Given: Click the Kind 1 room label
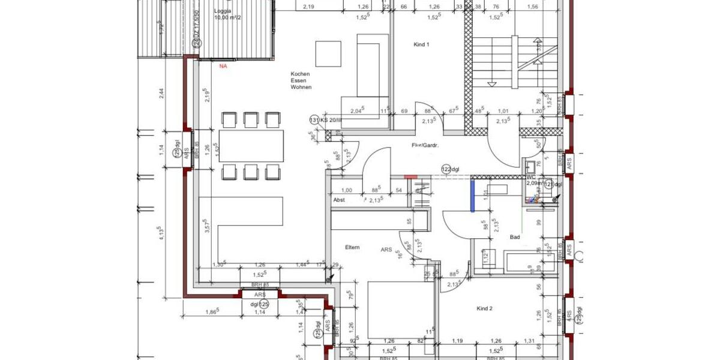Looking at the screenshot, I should tap(422, 45).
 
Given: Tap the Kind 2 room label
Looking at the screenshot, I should tap(484, 309).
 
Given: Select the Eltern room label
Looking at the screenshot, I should tap(352, 247).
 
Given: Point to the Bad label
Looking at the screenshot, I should tap(515, 238).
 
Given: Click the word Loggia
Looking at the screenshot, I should tap(223, 11).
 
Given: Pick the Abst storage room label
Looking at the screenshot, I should tap(339, 200).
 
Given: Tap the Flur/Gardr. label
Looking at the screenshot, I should tap(425, 146).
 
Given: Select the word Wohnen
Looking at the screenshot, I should tap(301, 87).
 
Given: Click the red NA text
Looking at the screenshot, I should tap(223, 66).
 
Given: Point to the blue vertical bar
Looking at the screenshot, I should tap(473, 196).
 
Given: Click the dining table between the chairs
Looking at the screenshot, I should tap(251, 146).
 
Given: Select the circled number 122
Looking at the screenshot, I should tap(446, 169).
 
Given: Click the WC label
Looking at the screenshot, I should tap(530, 178).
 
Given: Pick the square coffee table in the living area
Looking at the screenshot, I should tap(329, 53).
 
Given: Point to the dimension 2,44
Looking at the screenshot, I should tap(160, 94).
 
